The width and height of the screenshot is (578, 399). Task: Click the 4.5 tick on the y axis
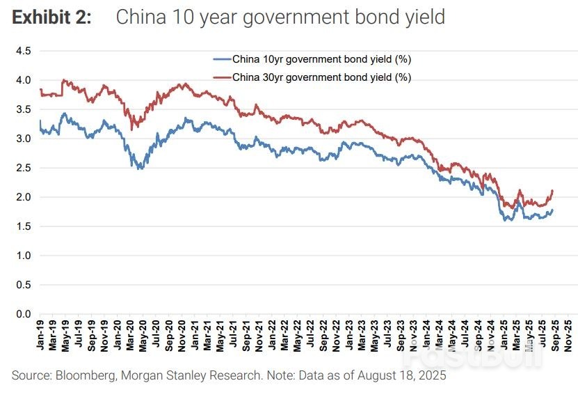[x=23, y=51]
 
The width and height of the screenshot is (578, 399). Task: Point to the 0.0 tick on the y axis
[x=23, y=314]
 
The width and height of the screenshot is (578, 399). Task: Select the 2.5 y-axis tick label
[x=23, y=168]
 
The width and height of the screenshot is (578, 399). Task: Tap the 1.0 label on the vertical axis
[x=23, y=256]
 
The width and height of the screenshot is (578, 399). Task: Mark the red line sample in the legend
[x=222, y=77]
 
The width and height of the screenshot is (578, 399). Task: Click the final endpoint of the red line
[x=553, y=191]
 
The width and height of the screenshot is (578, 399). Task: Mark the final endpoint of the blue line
[x=553, y=210]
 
